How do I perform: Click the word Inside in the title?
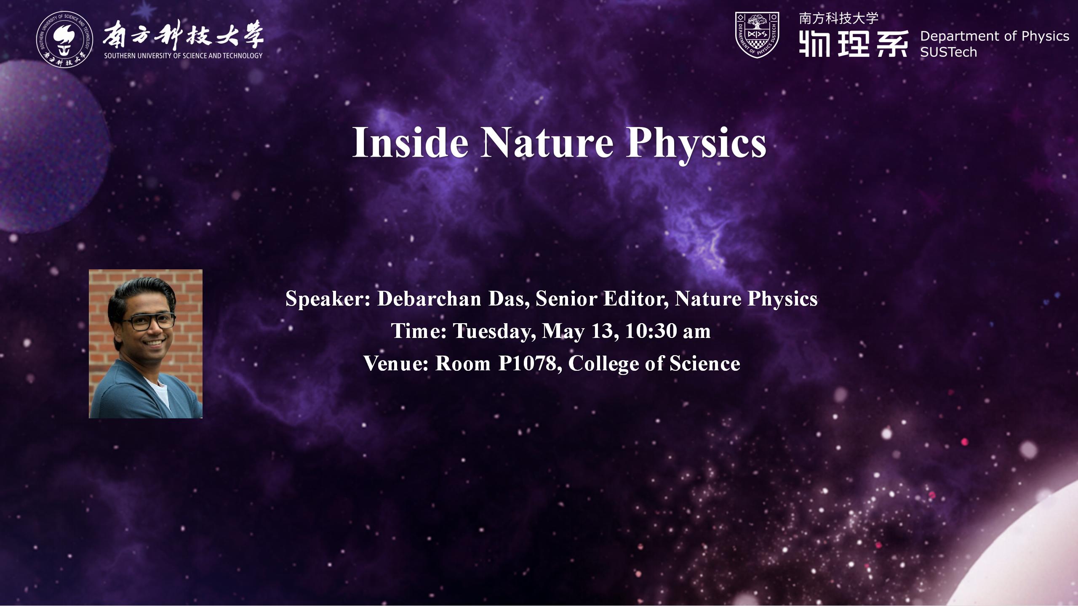point(410,142)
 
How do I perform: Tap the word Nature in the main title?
point(547,142)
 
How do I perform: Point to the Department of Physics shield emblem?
point(757,35)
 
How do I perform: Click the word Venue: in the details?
point(396,364)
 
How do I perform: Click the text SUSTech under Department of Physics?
point(948,52)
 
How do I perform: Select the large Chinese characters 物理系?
point(853,43)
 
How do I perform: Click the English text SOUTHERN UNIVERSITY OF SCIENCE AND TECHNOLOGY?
point(183,56)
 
